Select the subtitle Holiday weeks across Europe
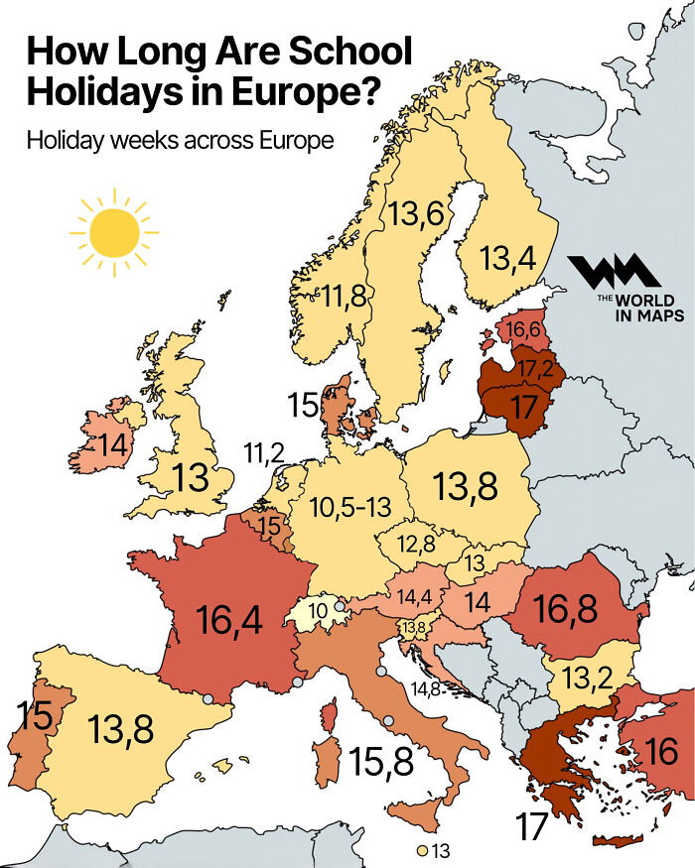click(180, 140)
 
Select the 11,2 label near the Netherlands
click(263, 454)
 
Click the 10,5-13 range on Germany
click(348, 507)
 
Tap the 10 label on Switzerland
click(320, 611)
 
